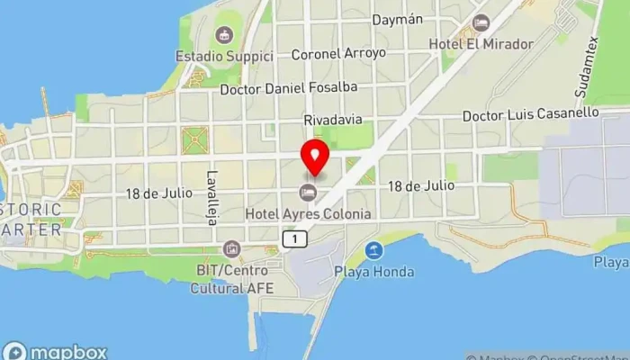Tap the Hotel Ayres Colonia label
point(309,214)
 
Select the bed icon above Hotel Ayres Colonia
point(309,192)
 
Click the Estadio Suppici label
point(224,57)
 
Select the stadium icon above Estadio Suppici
point(224,35)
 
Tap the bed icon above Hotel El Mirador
point(481,22)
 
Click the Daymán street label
point(396,19)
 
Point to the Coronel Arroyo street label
point(338,53)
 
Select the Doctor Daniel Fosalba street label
point(288,87)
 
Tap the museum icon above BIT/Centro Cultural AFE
point(232,248)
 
